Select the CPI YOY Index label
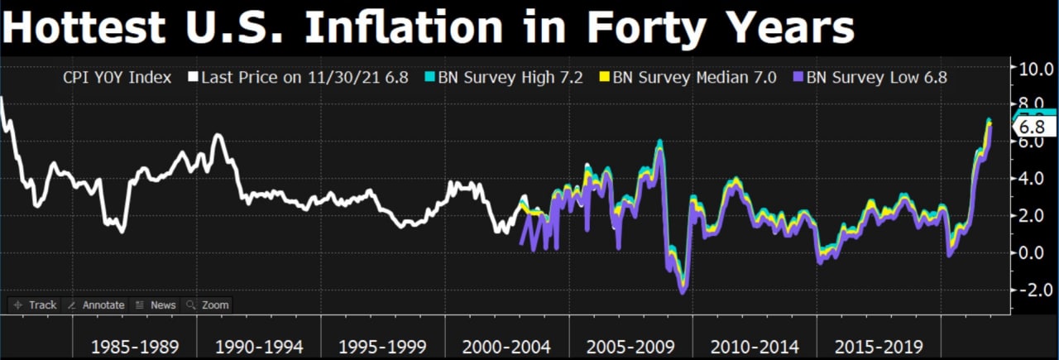click(x=117, y=77)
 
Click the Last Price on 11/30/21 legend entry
click(x=298, y=77)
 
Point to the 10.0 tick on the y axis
click(x=1035, y=69)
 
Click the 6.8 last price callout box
click(x=1035, y=127)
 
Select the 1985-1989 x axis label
click(x=135, y=344)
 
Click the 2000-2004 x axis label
click(x=506, y=344)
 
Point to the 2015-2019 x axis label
click(x=879, y=344)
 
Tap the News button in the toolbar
click(x=156, y=305)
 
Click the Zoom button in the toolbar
click(x=208, y=305)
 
